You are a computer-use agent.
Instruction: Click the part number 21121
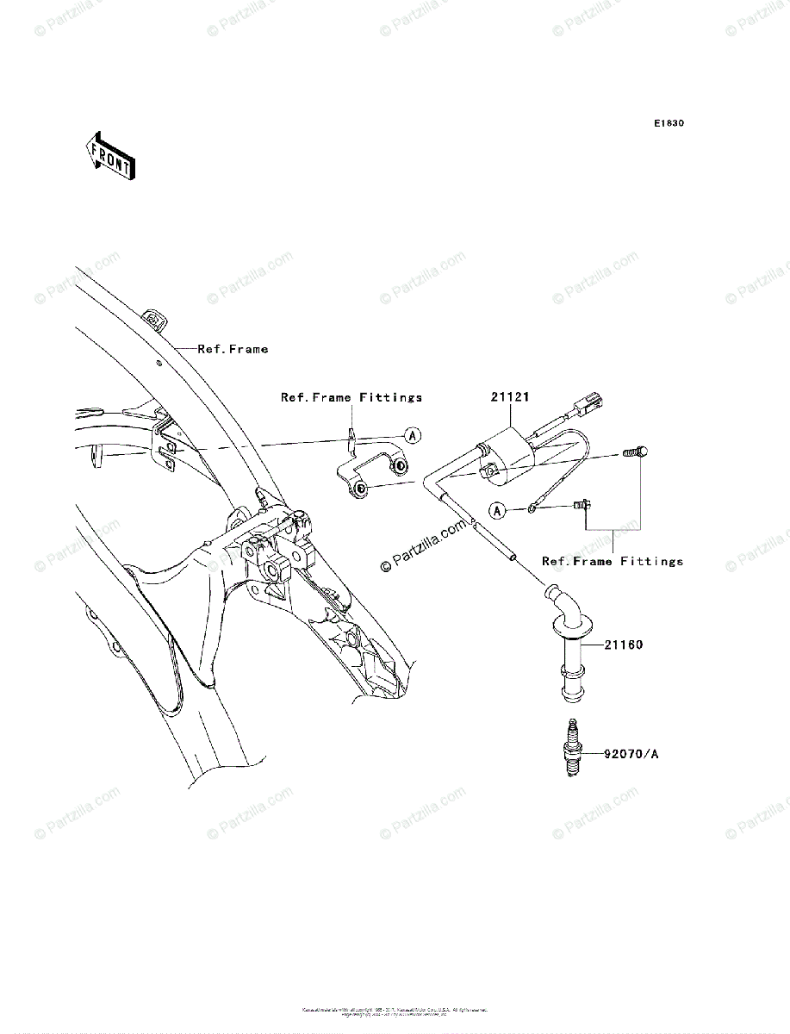pyautogui.click(x=511, y=397)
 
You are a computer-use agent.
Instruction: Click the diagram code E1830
pyautogui.click(x=668, y=124)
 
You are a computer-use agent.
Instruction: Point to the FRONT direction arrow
pyautogui.click(x=108, y=155)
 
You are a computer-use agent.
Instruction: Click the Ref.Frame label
pyautogui.click(x=233, y=349)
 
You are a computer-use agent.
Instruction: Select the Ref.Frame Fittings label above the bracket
pyautogui.click(x=351, y=397)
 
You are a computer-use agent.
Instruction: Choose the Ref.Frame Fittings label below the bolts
pyautogui.click(x=612, y=561)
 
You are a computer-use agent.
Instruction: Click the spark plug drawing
pyautogui.click(x=569, y=750)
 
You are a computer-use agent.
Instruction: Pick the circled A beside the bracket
pyautogui.click(x=413, y=436)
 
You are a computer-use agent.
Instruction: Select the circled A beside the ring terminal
pyautogui.click(x=497, y=511)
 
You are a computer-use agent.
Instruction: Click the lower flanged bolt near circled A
pyautogui.click(x=580, y=509)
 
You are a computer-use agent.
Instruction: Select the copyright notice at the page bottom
pyautogui.click(x=395, y=1011)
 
